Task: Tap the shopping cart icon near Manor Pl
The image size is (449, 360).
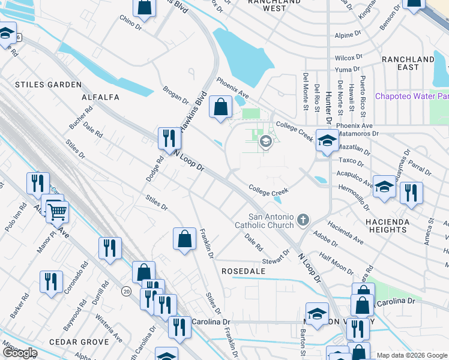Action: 57,211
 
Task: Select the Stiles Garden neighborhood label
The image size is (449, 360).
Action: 40,85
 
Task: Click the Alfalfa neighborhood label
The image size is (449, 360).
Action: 101,97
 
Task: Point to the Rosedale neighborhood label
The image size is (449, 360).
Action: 244,271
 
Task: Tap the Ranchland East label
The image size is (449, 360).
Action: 408,63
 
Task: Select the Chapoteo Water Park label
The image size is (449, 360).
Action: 412,96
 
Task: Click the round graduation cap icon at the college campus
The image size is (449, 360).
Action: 265,142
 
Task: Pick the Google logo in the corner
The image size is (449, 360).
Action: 20,353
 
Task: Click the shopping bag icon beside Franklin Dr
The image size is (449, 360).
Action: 184,238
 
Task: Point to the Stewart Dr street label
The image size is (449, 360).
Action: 276,261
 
